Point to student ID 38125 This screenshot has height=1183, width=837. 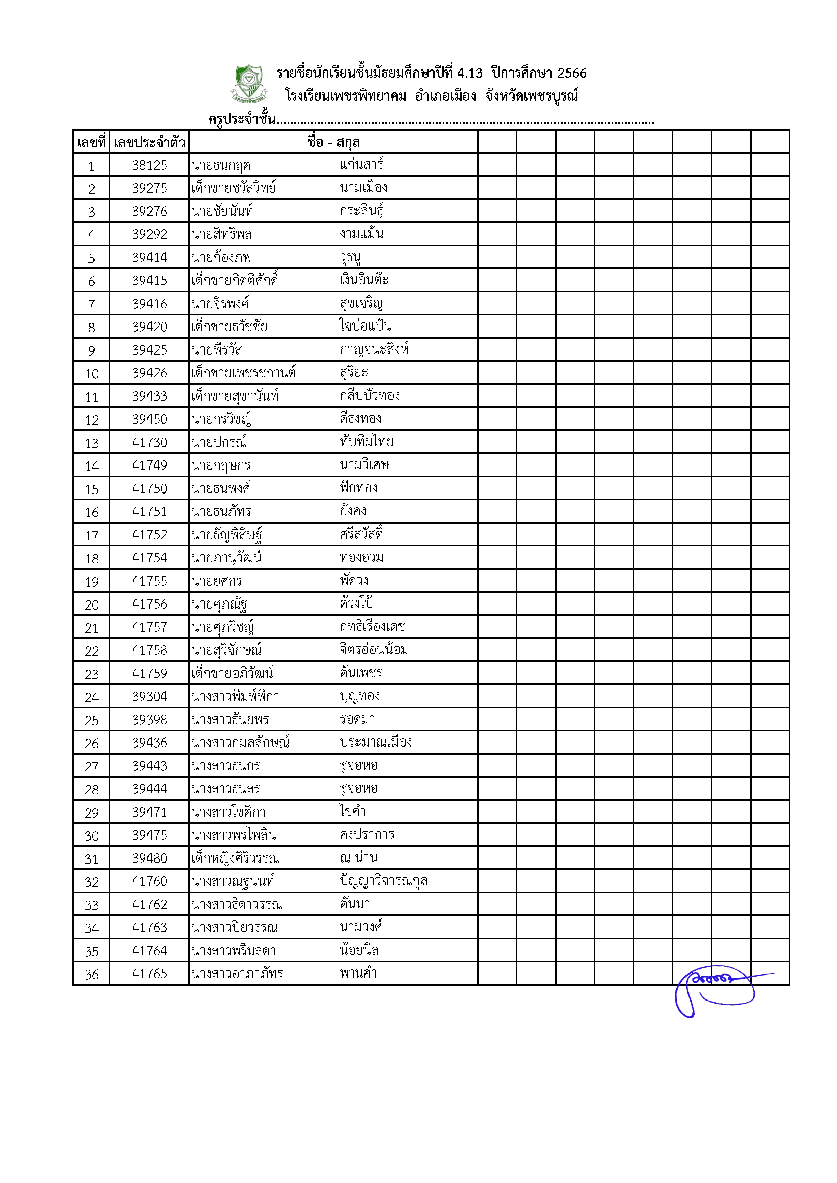tap(150, 165)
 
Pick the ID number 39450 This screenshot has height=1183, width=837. tap(150, 419)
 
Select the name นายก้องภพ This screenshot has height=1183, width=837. tap(221, 258)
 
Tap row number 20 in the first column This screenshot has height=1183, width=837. tap(92, 605)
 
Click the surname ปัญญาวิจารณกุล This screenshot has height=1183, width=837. tap(383, 881)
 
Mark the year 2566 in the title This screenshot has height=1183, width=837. tap(572, 73)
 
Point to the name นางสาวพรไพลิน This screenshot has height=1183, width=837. tap(234, 835)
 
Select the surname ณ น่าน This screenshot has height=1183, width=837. tap(359, 858)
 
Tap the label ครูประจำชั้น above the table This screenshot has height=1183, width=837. tap(242, 119)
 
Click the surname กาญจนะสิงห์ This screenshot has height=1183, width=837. tap(374, 350)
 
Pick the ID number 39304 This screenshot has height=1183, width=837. tap(150, 697)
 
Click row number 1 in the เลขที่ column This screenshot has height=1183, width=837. tap(92, 166)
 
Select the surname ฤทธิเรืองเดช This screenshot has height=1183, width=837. tap(373, 627)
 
